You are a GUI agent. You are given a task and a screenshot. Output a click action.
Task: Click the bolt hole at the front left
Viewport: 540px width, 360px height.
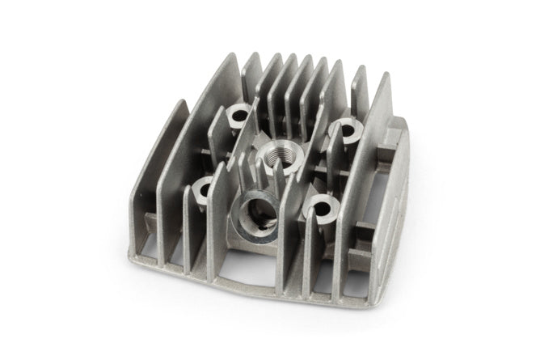click(x=204, y=188)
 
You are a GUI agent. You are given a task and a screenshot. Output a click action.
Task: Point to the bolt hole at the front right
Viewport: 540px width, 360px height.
click(x=321, y=205)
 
